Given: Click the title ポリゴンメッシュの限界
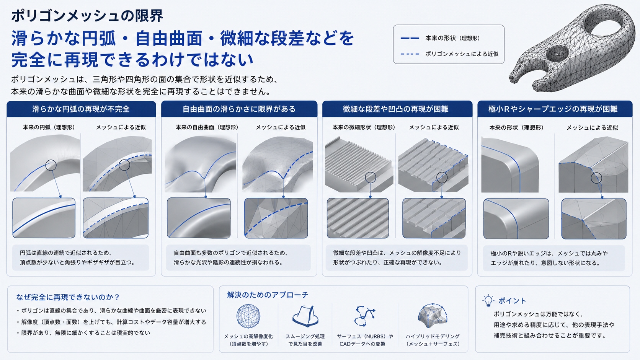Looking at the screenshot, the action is [87, 16].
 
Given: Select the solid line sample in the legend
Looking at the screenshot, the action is [410, 38].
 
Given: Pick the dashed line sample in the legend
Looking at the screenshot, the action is [410, 54].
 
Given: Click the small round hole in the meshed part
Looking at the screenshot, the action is [557, 54].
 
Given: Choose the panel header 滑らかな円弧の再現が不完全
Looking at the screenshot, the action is [81, 109].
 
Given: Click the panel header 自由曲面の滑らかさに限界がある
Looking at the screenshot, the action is [239, 109].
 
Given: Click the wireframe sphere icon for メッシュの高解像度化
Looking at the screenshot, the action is [248, 316].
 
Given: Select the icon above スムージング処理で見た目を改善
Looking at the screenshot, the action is [305, 316].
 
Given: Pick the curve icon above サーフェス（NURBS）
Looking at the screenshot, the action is [364, 316].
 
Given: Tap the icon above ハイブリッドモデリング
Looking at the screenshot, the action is [433, 316].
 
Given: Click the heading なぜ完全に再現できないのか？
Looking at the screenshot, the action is [68, 297].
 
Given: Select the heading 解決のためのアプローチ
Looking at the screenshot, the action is [268, 295].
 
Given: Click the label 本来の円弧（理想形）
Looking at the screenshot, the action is [49, 127].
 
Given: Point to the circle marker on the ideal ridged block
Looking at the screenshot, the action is [371, 178].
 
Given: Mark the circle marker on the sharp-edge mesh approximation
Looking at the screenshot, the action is [596, 178].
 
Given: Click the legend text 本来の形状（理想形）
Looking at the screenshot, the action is [452, 38].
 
